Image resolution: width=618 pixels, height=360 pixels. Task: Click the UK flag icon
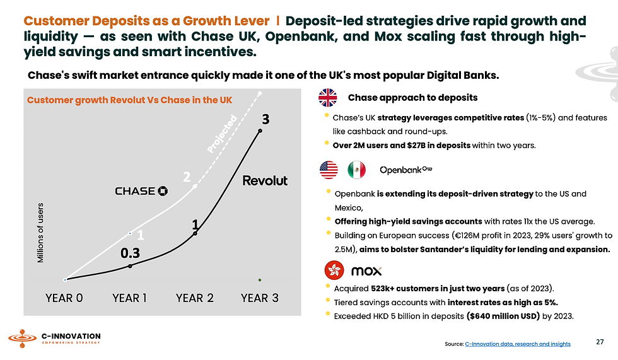coord(328,98)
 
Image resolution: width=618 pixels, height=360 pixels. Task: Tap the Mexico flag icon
coord(356,170)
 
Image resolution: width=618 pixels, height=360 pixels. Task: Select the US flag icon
coord(329,170)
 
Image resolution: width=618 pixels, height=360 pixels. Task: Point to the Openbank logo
coord(406,170)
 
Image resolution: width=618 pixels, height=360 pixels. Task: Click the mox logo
coord(366,271)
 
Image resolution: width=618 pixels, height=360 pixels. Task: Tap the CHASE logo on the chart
coord(141,190)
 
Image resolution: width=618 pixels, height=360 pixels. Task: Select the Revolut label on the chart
coord(265,181)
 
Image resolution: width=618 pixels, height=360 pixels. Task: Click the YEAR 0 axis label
coord(64,298)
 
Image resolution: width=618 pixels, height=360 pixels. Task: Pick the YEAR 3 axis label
coord(259,298)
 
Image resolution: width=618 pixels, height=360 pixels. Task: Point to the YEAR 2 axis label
coord(195,298)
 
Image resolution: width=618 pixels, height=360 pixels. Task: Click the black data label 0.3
coord(131,253)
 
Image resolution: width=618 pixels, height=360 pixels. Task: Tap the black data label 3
coord(266,119)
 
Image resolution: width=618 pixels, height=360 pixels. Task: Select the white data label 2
coord(187,177)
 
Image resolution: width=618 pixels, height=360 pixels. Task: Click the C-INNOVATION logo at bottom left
coord(54,339)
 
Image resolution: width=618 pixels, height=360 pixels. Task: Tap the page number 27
coord(599,342)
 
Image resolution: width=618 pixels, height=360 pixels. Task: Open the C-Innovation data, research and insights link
coord(517,344)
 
